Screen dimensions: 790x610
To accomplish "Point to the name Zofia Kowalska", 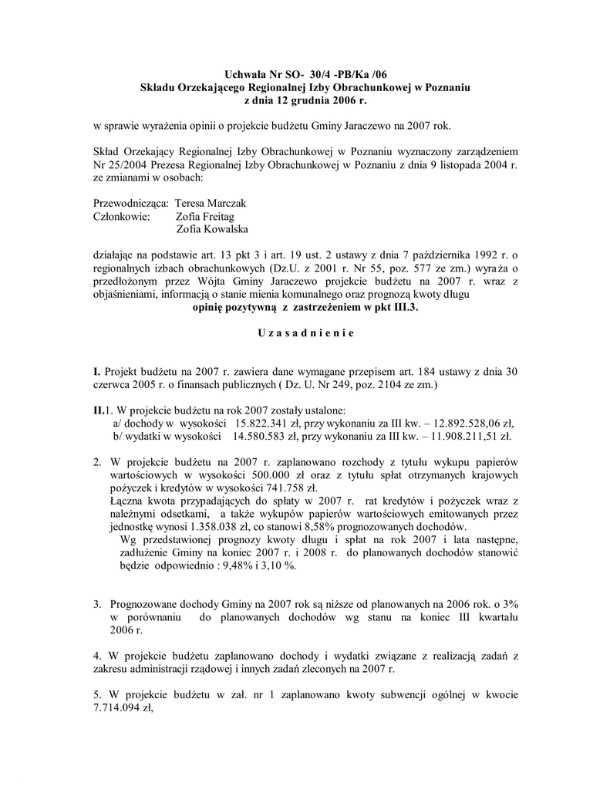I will point(212,229).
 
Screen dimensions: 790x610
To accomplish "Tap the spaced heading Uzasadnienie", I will point(305,333).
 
